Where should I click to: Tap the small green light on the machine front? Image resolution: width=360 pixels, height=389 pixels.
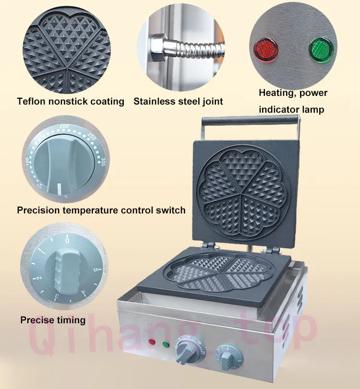point(165,343)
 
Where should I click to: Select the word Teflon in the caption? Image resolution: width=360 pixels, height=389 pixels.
point(32,101)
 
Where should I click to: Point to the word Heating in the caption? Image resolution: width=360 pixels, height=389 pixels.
point(277,93)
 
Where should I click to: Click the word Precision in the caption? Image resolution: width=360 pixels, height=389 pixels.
point(38,210)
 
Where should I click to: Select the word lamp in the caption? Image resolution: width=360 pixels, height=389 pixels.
point(312,109)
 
